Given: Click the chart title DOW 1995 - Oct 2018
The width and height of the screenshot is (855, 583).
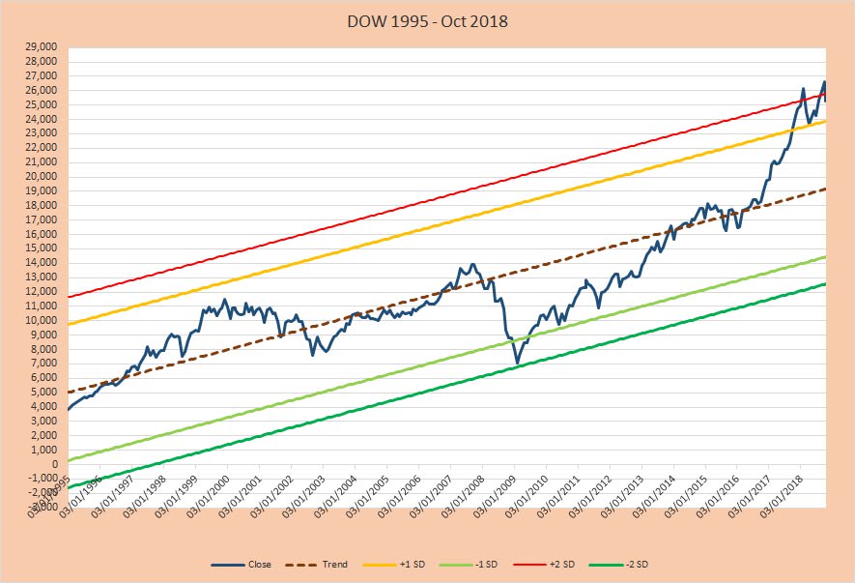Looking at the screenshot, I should coord(427,19).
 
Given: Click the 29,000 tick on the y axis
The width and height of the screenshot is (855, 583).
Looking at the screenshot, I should coord(42,46).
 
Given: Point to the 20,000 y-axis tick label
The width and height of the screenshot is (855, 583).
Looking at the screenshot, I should coord(42,176).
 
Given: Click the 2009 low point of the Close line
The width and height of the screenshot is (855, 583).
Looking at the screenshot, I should coord(517,363).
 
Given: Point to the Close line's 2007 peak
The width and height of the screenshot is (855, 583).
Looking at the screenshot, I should coord(472,264).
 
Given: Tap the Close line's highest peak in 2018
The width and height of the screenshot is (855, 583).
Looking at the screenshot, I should coord(824,81).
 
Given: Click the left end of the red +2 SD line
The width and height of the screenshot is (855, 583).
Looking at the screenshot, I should coord(68,297).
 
